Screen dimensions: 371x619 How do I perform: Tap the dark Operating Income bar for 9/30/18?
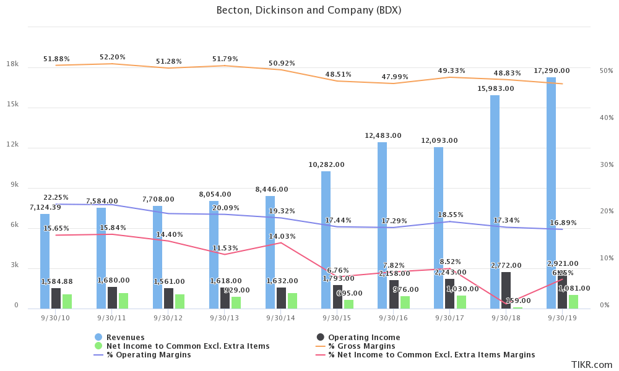[506, 291]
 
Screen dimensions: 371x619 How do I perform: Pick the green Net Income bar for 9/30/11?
[123, 301]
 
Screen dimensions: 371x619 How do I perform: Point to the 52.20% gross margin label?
[113, 58]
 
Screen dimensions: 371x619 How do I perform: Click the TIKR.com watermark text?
[591, 364]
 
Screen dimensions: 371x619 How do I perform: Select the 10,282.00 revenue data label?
[326, 165]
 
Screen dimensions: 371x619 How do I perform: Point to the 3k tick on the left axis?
[14, 267]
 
